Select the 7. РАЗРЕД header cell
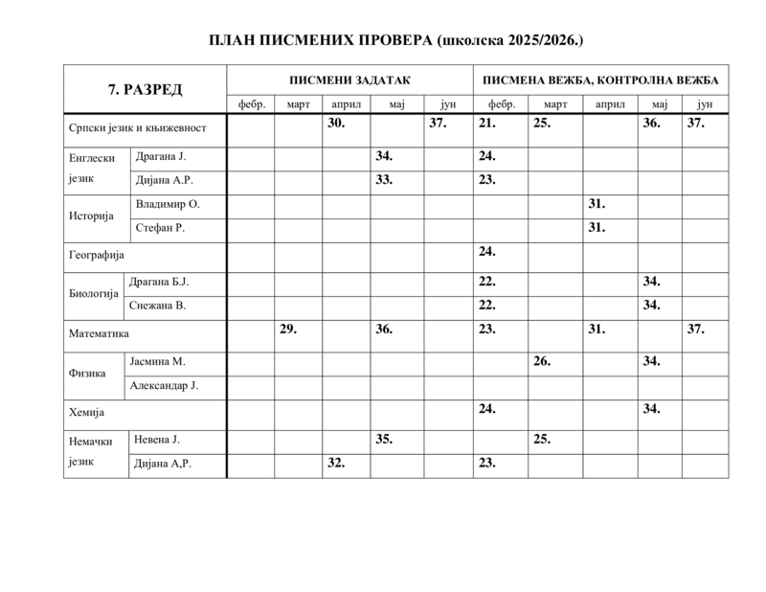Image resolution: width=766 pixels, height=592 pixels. point(145,89)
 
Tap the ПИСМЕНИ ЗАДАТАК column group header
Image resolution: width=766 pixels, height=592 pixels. point(349,80)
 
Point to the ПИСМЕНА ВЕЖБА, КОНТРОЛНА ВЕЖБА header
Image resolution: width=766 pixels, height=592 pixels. point(601,80)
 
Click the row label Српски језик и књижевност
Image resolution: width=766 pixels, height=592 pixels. point(138,126)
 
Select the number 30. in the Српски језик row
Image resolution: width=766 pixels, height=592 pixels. point(336,124)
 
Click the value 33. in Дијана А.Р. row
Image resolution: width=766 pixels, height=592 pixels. point(385,178)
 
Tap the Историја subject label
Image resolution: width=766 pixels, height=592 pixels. point(92,216)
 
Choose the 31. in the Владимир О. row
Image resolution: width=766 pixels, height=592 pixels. point(597,204)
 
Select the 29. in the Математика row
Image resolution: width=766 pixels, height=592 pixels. point(288,329)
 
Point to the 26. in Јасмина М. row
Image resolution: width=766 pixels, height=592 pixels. point(542,361)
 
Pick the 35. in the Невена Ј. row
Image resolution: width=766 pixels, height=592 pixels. point(385,440)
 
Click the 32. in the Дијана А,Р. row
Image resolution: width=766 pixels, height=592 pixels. point(336,462)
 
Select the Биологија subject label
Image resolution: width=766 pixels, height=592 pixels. point(94,293)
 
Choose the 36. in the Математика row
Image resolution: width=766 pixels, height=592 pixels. point(385,329)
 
